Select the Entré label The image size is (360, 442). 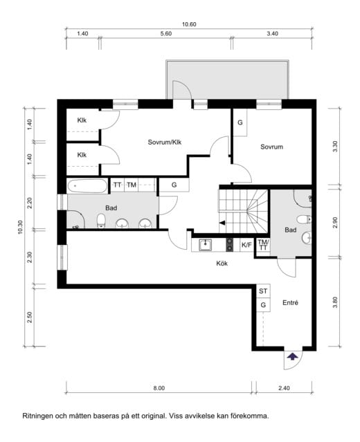tap(291, 303)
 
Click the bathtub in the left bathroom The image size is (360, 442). tap(88, 185)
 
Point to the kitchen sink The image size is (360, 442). tap(205, 244)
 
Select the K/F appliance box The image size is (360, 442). tap(246, 245)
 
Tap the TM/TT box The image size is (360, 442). tap(262, 245)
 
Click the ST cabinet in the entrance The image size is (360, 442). tap(263, 291)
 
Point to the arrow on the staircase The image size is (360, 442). tap(222, 223)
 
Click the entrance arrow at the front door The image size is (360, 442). tap(293, 356)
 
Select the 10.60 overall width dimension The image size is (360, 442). tap(189, 24)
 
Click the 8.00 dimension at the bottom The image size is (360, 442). tap(159, 388)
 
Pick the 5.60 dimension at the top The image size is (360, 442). tap(165, 33)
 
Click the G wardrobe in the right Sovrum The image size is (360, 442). tap(240, 123)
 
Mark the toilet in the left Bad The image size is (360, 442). tap(101, 221)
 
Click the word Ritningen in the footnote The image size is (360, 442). tap(39, 416)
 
